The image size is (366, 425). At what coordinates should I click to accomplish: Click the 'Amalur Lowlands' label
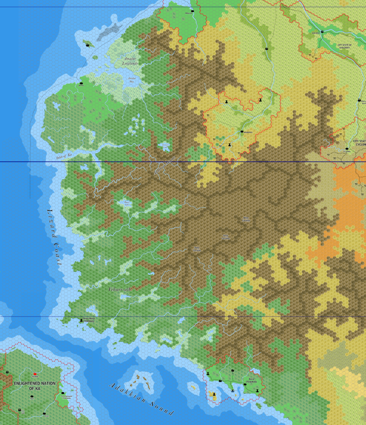click(129, 61)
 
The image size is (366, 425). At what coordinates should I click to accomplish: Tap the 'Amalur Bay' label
click(132, 80)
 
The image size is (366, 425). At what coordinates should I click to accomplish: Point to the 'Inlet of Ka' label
click(64, 155)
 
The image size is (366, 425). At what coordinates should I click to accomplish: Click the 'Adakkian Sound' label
click(141, 399)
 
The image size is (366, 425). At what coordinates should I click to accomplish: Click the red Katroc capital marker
click(35, 374)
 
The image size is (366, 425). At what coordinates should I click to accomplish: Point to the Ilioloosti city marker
click(322, 32)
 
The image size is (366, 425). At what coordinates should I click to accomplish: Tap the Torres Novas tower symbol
click(81, 320)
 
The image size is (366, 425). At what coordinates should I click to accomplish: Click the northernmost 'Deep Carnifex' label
click(246, 219)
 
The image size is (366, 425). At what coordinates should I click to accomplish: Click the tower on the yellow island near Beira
click(213, 392)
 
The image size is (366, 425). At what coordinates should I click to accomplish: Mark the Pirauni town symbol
click(193, 11)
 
